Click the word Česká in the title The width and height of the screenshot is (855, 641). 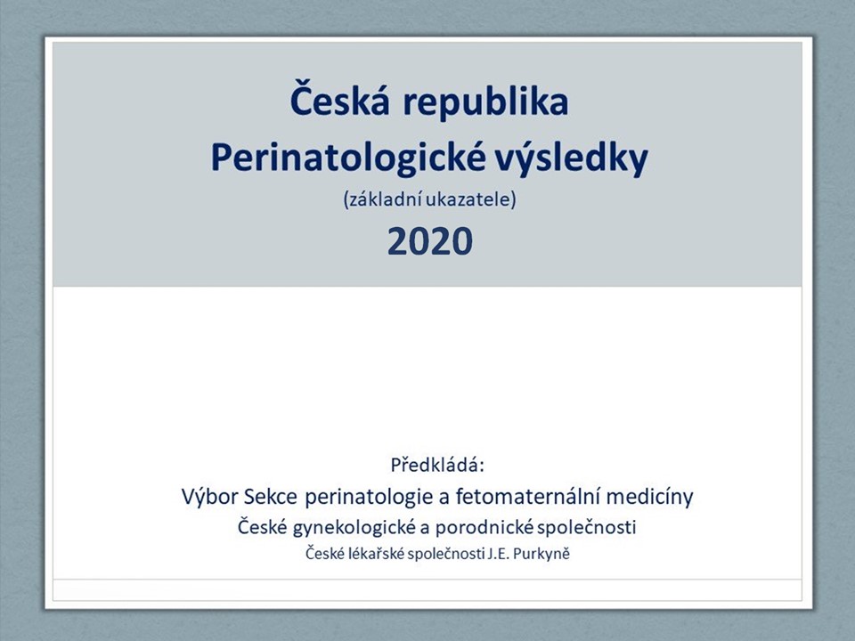(x=339, y=98)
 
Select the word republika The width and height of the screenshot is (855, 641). (x=485, y=103)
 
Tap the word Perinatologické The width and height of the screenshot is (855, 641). (x=348, y=158)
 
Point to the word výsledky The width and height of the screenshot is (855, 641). (x=571, y=158)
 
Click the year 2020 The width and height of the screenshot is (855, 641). (x=429, y=241)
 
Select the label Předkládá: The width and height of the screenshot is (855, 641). (x=437, y=465)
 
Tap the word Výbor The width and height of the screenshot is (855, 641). (x=210, y=497)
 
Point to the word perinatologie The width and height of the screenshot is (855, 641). (x=376, y=498)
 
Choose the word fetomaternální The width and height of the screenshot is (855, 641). (x=527, y=497)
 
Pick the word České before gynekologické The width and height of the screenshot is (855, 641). (x=262, y=527)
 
